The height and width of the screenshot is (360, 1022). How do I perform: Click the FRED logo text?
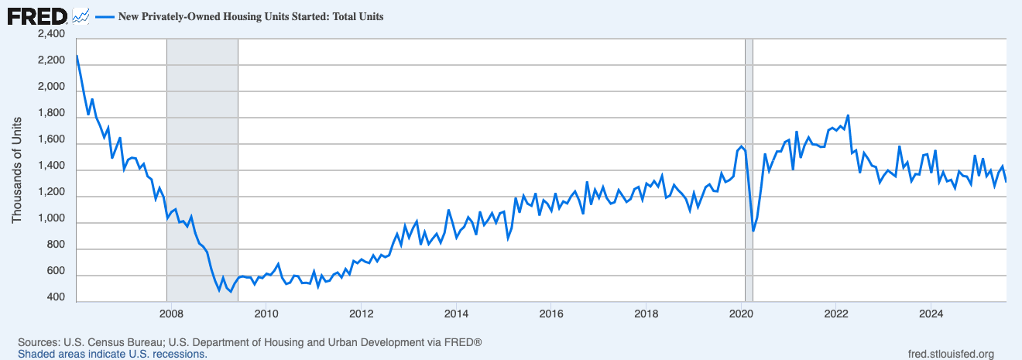pyautogui.click(x=36, y=15)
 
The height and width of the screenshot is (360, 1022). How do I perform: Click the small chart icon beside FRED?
pyautogui.click(x=80, y=15)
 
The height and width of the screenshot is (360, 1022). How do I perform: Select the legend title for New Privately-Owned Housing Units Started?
pyautogui.click(x=250, y=15)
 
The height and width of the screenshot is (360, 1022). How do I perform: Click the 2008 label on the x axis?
pyautogui.click(x=170, y=314)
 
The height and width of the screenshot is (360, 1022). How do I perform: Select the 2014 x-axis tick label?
pyautogui.click(x=456, y=314)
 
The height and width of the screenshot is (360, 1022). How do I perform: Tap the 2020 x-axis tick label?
pyautogui.click(x=741, y=314)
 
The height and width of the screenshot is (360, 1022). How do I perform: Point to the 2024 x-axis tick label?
pyautogui.click(x=931, y=314)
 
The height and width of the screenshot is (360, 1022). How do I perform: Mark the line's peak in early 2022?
pyautogui.click(x=849, y=115)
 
